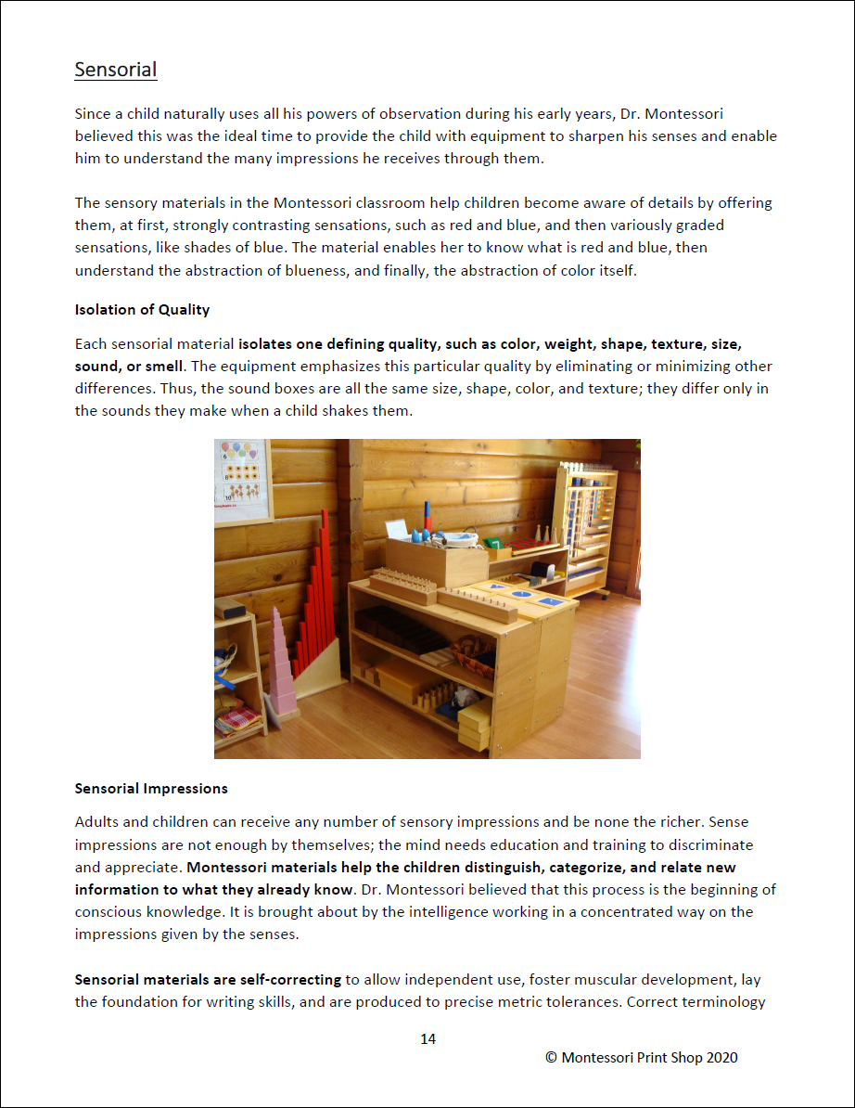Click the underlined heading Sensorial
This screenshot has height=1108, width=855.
(x=116, y=70)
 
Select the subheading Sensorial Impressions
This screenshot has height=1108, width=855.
(x=151, y=789)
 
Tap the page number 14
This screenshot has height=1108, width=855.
(x=427, y=1038)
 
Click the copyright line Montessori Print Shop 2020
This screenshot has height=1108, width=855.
(x=641, y=1057)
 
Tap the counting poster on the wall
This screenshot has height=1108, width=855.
(x=242, y=481)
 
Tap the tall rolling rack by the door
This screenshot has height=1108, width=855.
(x=585, y=529)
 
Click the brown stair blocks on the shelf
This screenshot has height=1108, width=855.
(x=399, y=631)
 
